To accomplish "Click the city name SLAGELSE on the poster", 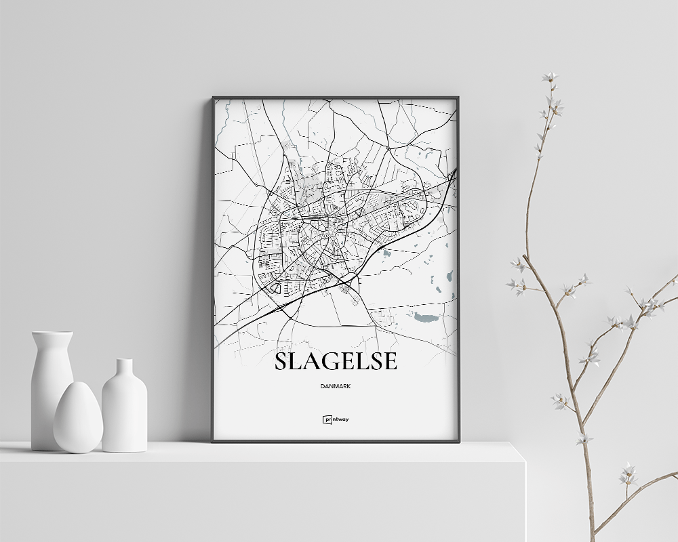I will (x=336, y=362).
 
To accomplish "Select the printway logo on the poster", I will (x=336, y=419).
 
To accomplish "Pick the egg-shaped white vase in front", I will (x=78, y=418).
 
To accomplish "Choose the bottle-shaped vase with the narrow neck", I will (x=124, y=406).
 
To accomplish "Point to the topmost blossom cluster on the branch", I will (x=550, y=77).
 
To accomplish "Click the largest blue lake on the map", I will (x=426, y=317).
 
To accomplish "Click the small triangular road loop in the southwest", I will (x=275, y=288).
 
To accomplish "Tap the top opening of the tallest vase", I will (x=52, y=333).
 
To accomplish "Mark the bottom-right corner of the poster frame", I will (x=458, y=441).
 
